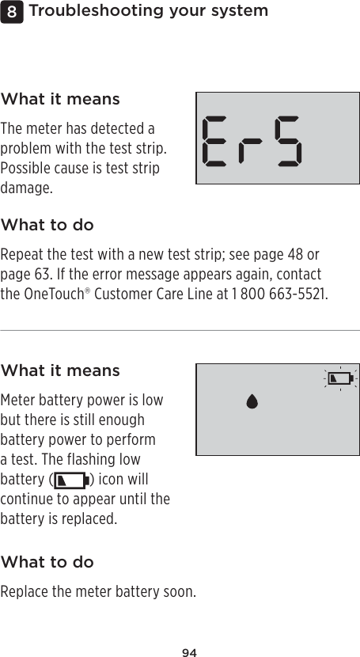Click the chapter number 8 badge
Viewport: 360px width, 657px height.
[x=9, y=12]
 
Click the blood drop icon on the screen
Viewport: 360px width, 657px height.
[x=252, y=401]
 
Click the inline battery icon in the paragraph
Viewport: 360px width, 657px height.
[x=70, y=480]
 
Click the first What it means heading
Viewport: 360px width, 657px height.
[x=60, y=100]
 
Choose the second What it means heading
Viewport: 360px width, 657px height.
[x=60, y=370]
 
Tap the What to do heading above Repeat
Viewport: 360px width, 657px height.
[x=47, y=226]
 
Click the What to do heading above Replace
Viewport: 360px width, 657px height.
[x=47, y=562]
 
